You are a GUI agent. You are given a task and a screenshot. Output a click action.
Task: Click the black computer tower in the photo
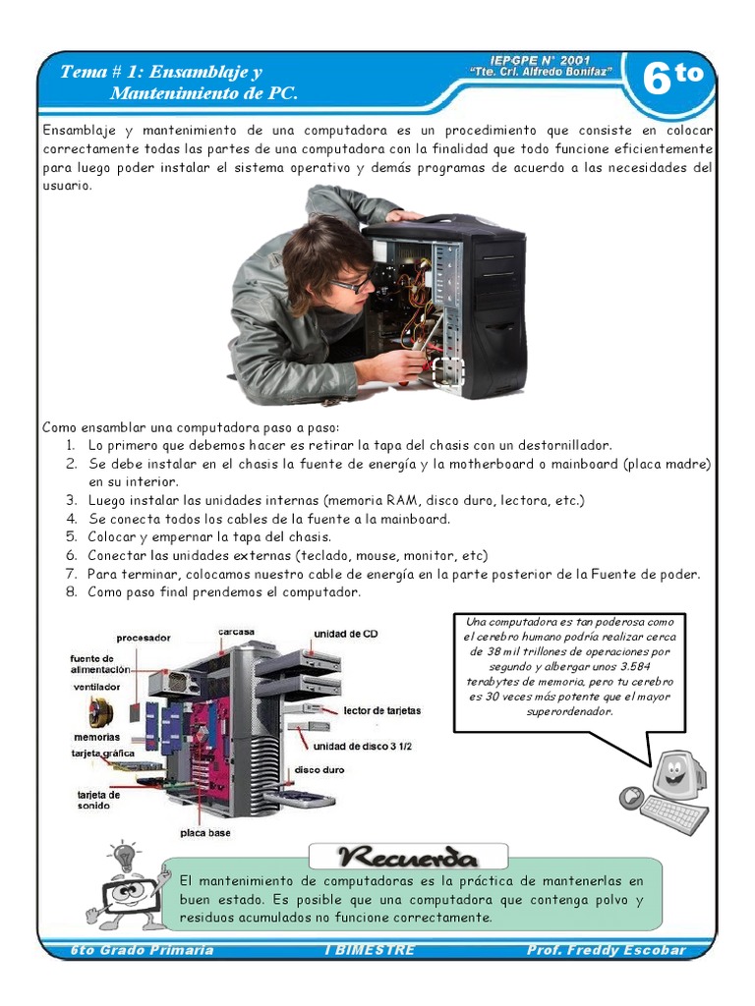point(462,305)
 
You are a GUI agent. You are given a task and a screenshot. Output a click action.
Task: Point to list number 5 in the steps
point(72,536)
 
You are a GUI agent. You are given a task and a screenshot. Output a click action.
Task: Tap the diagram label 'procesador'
point(144,638)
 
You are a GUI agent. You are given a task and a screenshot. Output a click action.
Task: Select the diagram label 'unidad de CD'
point(345,634)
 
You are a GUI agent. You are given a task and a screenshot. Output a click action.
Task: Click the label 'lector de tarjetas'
point(382,709)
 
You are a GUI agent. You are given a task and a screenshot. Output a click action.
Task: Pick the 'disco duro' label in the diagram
point(319,770)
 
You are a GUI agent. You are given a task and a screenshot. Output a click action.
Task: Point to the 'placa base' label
point(205,833)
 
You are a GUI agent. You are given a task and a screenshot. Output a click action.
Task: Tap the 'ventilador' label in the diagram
point(95,687)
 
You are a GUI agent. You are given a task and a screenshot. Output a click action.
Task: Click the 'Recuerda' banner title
point(407,856)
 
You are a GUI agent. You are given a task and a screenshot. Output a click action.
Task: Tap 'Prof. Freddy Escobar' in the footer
point(606,950)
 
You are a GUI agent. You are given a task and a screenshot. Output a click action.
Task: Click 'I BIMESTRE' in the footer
point(369,950)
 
